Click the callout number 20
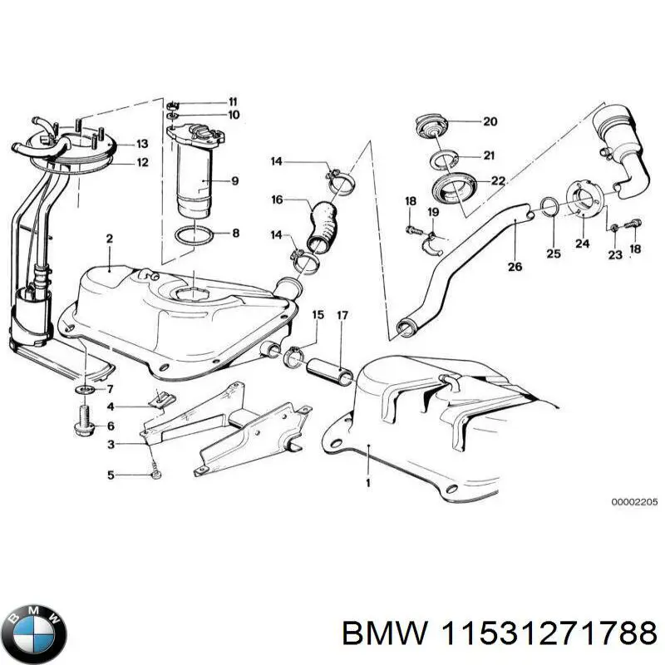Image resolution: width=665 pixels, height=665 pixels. pos(490,121)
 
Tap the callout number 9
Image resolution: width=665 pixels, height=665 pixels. pos(235,180)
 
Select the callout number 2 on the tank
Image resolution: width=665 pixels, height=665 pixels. pos(109,239)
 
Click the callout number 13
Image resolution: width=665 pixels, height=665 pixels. pos(142,144)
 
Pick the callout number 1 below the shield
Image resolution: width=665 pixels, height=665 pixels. pos(368,482)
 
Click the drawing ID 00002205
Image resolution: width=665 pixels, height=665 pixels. pos(634,502)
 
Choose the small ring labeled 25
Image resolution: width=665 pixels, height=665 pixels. pos(549,206)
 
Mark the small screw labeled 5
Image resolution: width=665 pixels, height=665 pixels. pos(155,475)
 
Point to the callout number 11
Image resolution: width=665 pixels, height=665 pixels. pos(234,101)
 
